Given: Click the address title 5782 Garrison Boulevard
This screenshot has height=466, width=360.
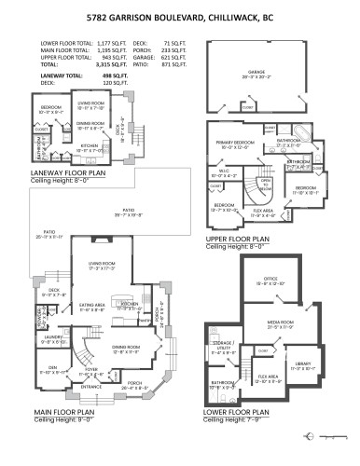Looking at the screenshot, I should click(x=179, y=16).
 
